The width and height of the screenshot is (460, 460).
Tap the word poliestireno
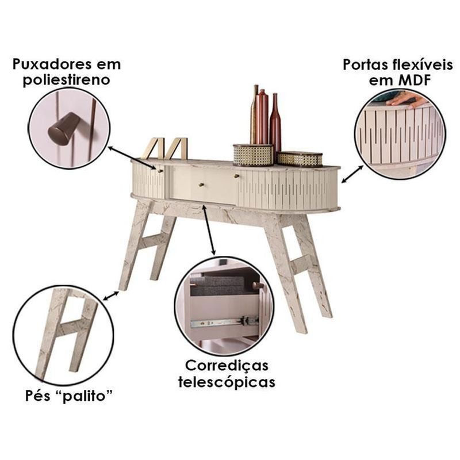click(x=67, y=80)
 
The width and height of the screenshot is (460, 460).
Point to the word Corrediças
click(x=227, y=366)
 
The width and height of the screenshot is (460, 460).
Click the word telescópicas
click(x=227, y=382)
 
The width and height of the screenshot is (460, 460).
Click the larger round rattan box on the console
click(x=253, y=155)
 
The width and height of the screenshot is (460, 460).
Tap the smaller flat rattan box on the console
click(x=300, y=159)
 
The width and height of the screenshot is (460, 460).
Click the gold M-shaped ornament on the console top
click(x=164, y=148)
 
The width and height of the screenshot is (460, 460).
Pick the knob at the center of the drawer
click(x=202, y=185)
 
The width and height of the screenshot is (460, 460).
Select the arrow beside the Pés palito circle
click(x=111, y=296)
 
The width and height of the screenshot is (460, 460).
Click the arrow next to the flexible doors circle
click(x=352, y=174)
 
